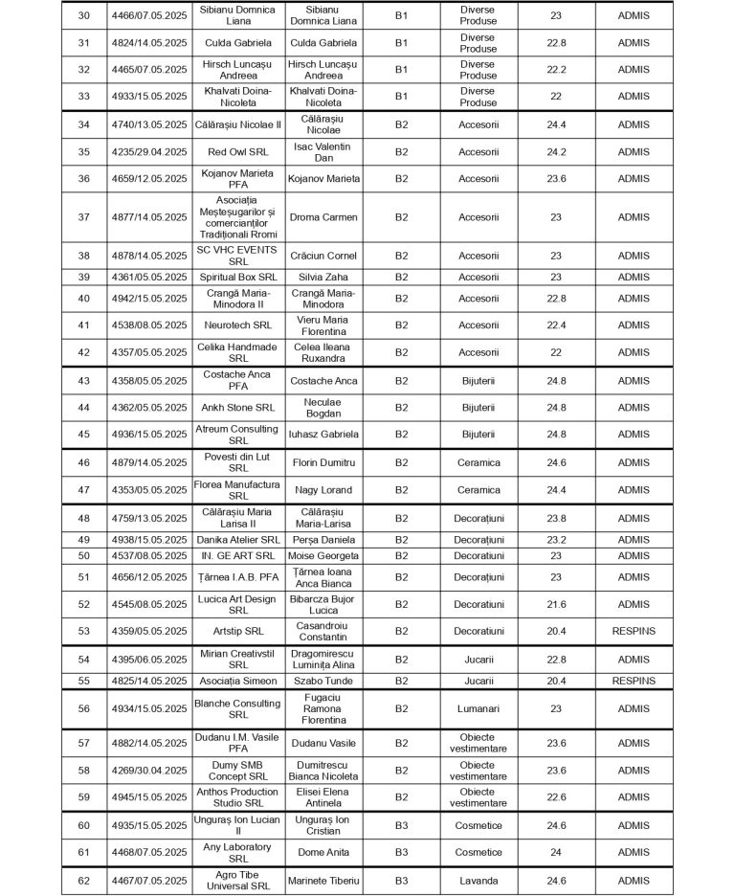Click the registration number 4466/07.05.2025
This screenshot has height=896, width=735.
tap(148, 16)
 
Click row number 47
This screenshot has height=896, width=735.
tap(83, 490)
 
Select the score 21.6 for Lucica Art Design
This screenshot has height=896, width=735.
tap(556, 604)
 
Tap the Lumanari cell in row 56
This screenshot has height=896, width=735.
tap(478, 708)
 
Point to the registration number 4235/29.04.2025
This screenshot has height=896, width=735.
tap(148, 151)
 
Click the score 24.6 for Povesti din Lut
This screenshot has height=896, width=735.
tap(556, 462)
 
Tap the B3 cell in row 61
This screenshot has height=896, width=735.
tap(401, 852)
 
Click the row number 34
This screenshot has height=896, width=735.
tap(83, 124)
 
